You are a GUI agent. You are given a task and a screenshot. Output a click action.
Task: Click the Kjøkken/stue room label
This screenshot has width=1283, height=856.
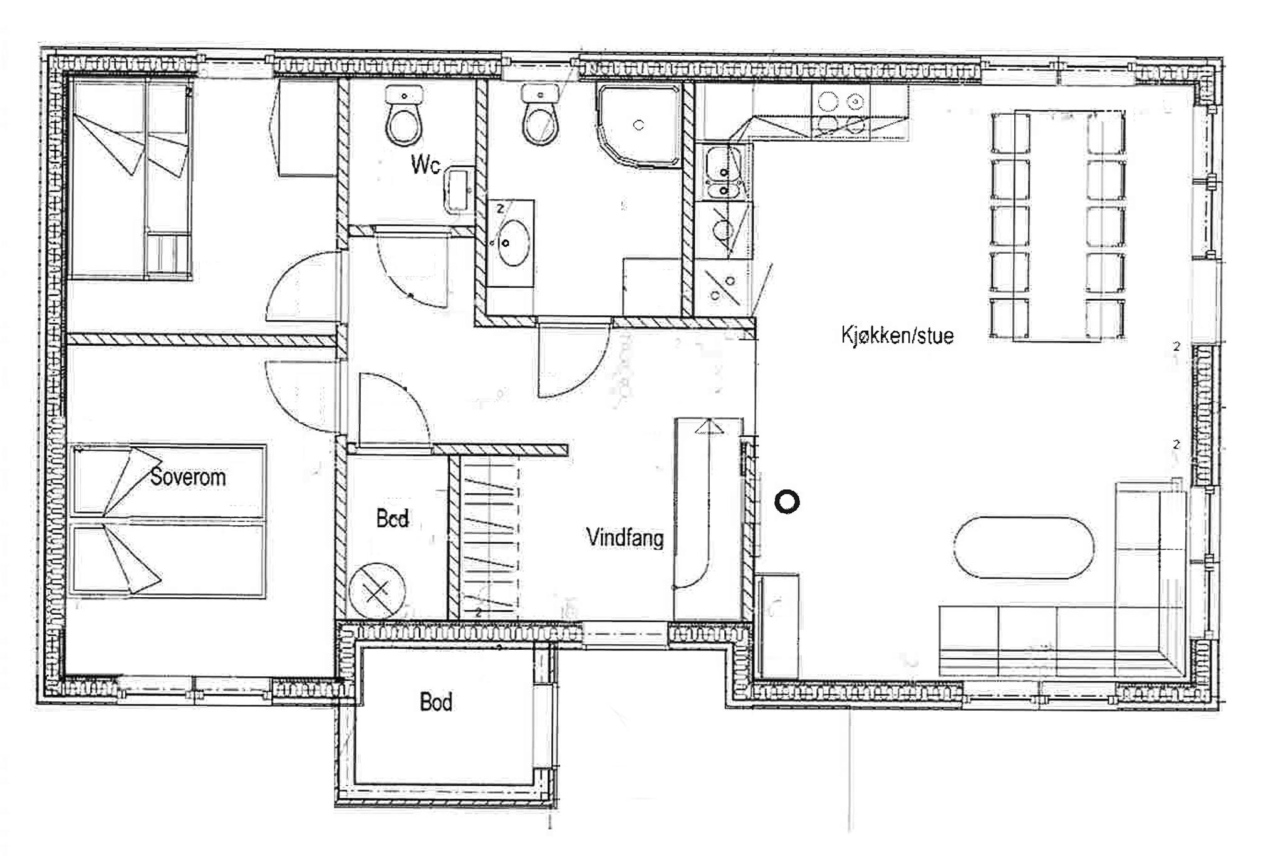897,335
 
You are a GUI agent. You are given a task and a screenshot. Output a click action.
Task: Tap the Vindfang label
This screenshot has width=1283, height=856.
625,538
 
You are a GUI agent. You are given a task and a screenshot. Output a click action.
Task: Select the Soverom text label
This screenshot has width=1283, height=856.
188,477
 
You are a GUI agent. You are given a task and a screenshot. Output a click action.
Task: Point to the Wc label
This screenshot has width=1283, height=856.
425,164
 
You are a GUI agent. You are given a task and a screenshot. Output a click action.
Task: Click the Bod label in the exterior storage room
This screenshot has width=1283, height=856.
436,702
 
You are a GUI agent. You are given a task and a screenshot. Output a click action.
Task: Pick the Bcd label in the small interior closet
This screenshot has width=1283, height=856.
392,518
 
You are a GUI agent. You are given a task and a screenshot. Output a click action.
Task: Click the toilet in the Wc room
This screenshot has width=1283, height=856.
404,117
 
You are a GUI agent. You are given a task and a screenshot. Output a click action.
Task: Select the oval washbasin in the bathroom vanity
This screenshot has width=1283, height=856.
514,243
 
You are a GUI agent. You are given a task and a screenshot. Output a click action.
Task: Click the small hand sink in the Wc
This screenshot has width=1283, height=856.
459,191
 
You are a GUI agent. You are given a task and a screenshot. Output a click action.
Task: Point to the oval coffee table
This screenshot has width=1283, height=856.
1024,547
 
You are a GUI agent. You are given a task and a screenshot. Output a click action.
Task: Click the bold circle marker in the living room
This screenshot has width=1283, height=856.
787,502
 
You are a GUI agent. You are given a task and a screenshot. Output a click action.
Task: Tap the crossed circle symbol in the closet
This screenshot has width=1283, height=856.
377,590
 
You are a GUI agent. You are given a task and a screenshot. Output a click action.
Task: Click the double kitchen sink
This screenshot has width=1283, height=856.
723,172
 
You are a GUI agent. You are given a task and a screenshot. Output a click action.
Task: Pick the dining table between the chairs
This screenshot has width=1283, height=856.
1059,226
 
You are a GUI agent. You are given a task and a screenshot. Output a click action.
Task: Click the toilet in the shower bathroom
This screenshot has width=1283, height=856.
541,117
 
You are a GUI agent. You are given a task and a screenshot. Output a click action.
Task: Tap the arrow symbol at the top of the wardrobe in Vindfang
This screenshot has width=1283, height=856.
709,427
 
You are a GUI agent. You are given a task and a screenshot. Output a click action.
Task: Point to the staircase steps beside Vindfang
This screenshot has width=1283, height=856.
490,538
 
